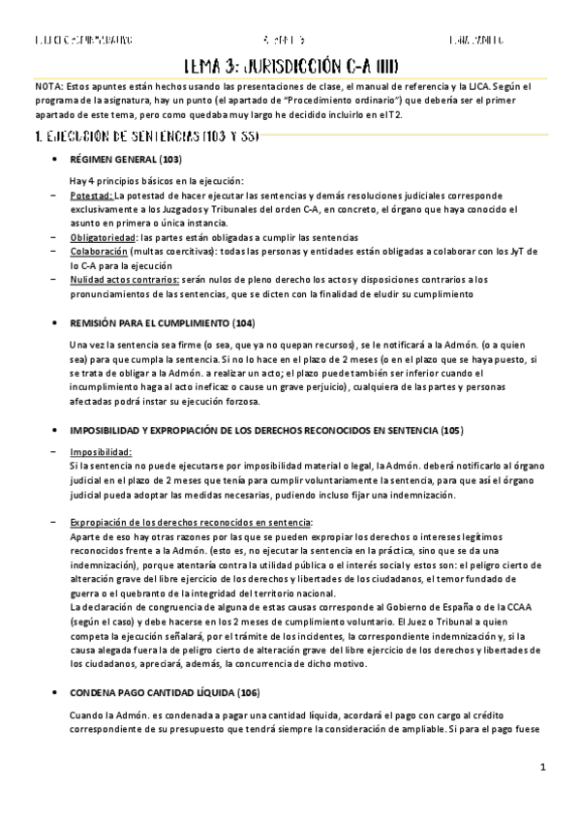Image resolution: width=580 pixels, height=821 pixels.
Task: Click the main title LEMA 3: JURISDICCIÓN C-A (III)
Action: (291, 65)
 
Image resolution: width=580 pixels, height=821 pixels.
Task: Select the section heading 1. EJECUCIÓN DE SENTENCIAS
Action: (145, 136)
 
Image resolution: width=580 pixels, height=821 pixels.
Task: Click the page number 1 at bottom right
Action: (544, 768)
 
